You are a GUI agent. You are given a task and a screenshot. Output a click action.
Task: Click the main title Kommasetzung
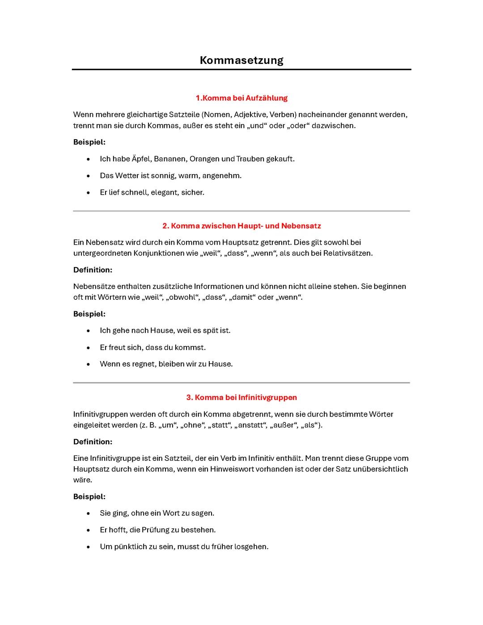coord(241,60)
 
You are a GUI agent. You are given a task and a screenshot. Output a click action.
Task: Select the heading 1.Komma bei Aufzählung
coord(241,98)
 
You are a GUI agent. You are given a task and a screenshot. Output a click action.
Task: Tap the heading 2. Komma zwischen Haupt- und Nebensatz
coord(241,226)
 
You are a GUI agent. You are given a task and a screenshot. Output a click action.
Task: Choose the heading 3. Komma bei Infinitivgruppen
coord(241,397)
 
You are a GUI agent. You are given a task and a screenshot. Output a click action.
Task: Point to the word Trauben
coord(250,159)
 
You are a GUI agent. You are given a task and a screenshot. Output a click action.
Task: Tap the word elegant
coord(164,192)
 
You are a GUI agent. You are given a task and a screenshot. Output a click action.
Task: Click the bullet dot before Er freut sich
coord(89,348)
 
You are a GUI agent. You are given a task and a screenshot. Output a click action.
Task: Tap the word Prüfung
coord(156,530)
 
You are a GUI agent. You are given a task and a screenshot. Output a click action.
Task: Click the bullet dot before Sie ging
coord(89,514)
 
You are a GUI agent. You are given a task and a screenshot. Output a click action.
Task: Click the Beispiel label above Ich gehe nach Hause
coord(89,314)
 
